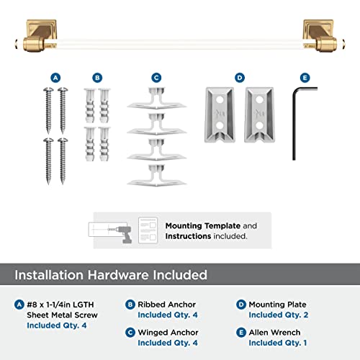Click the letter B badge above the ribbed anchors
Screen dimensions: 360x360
click(x=98, y=77)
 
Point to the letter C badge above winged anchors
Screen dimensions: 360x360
click(x=156, y=77)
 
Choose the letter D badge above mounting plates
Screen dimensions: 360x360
click(x=240, y=77)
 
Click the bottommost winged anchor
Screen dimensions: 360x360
click(x=156, y=175)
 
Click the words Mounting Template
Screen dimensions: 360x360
click(x=194, y=225)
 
